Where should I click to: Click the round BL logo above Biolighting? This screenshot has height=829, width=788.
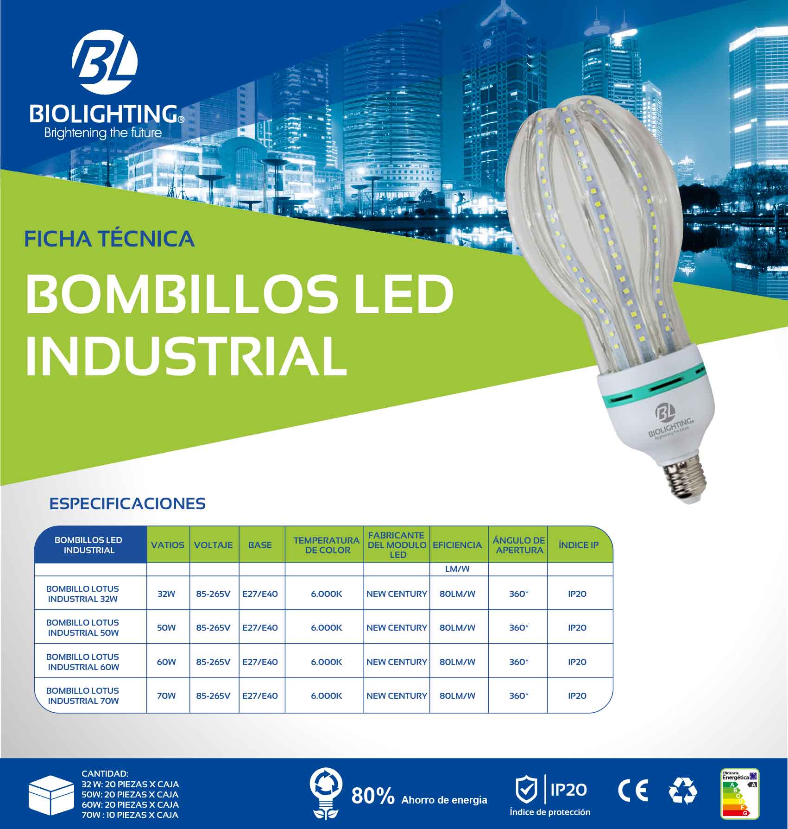point(105,62)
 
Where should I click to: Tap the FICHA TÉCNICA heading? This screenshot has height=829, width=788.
point(109,239)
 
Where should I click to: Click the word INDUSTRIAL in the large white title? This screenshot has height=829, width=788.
point(186,356)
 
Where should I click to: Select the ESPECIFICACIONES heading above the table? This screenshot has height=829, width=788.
point(127,504)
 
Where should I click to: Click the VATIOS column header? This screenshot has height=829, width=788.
point(168,545)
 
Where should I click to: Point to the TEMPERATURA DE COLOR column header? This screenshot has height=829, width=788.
point(326,545)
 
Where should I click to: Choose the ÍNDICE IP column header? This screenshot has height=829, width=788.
point(579,545)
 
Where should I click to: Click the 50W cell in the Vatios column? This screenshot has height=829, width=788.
point(166,628)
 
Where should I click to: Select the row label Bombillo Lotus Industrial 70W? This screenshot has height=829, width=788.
point(83,696)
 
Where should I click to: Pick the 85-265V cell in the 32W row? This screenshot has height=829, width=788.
point(213,594)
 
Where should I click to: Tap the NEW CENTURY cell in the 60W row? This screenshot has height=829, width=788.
point(397,662)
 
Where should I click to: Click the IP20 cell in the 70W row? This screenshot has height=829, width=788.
point(577,696)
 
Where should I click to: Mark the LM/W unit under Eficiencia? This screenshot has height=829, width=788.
point(457,569)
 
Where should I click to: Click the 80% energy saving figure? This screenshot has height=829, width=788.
point(373,796)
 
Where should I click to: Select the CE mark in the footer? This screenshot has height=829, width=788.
point(633,791)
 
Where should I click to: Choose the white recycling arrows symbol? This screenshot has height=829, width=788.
point(683,791)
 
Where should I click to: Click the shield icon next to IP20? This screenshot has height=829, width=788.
point(527,790)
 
